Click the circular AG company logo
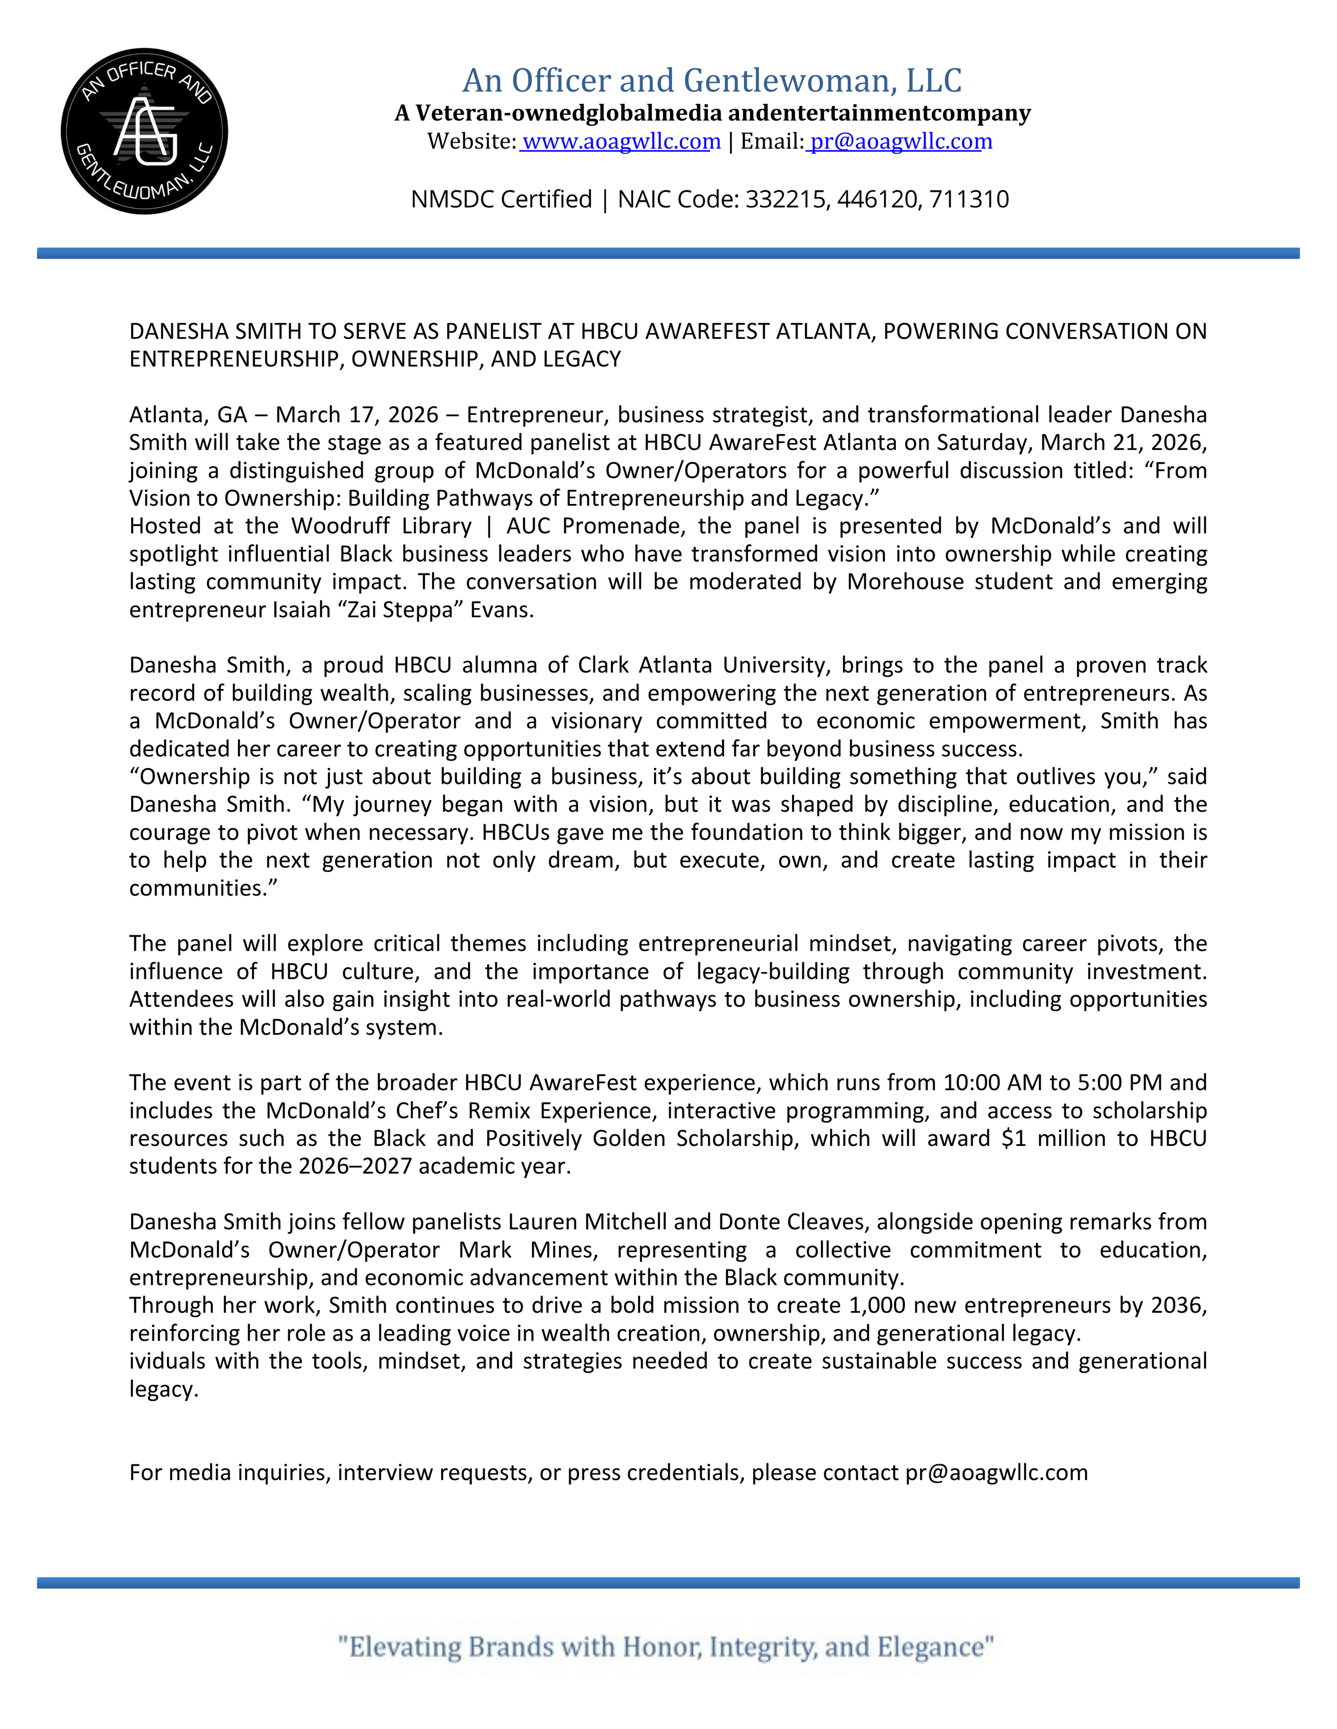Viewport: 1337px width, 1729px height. [144, 131]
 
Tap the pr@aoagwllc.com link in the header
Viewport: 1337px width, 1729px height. [900, 142]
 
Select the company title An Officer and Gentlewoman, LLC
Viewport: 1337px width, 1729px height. [711, 81]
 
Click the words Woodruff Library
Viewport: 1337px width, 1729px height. [381, 526]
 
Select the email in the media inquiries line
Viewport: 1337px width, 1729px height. [996, 1472]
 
